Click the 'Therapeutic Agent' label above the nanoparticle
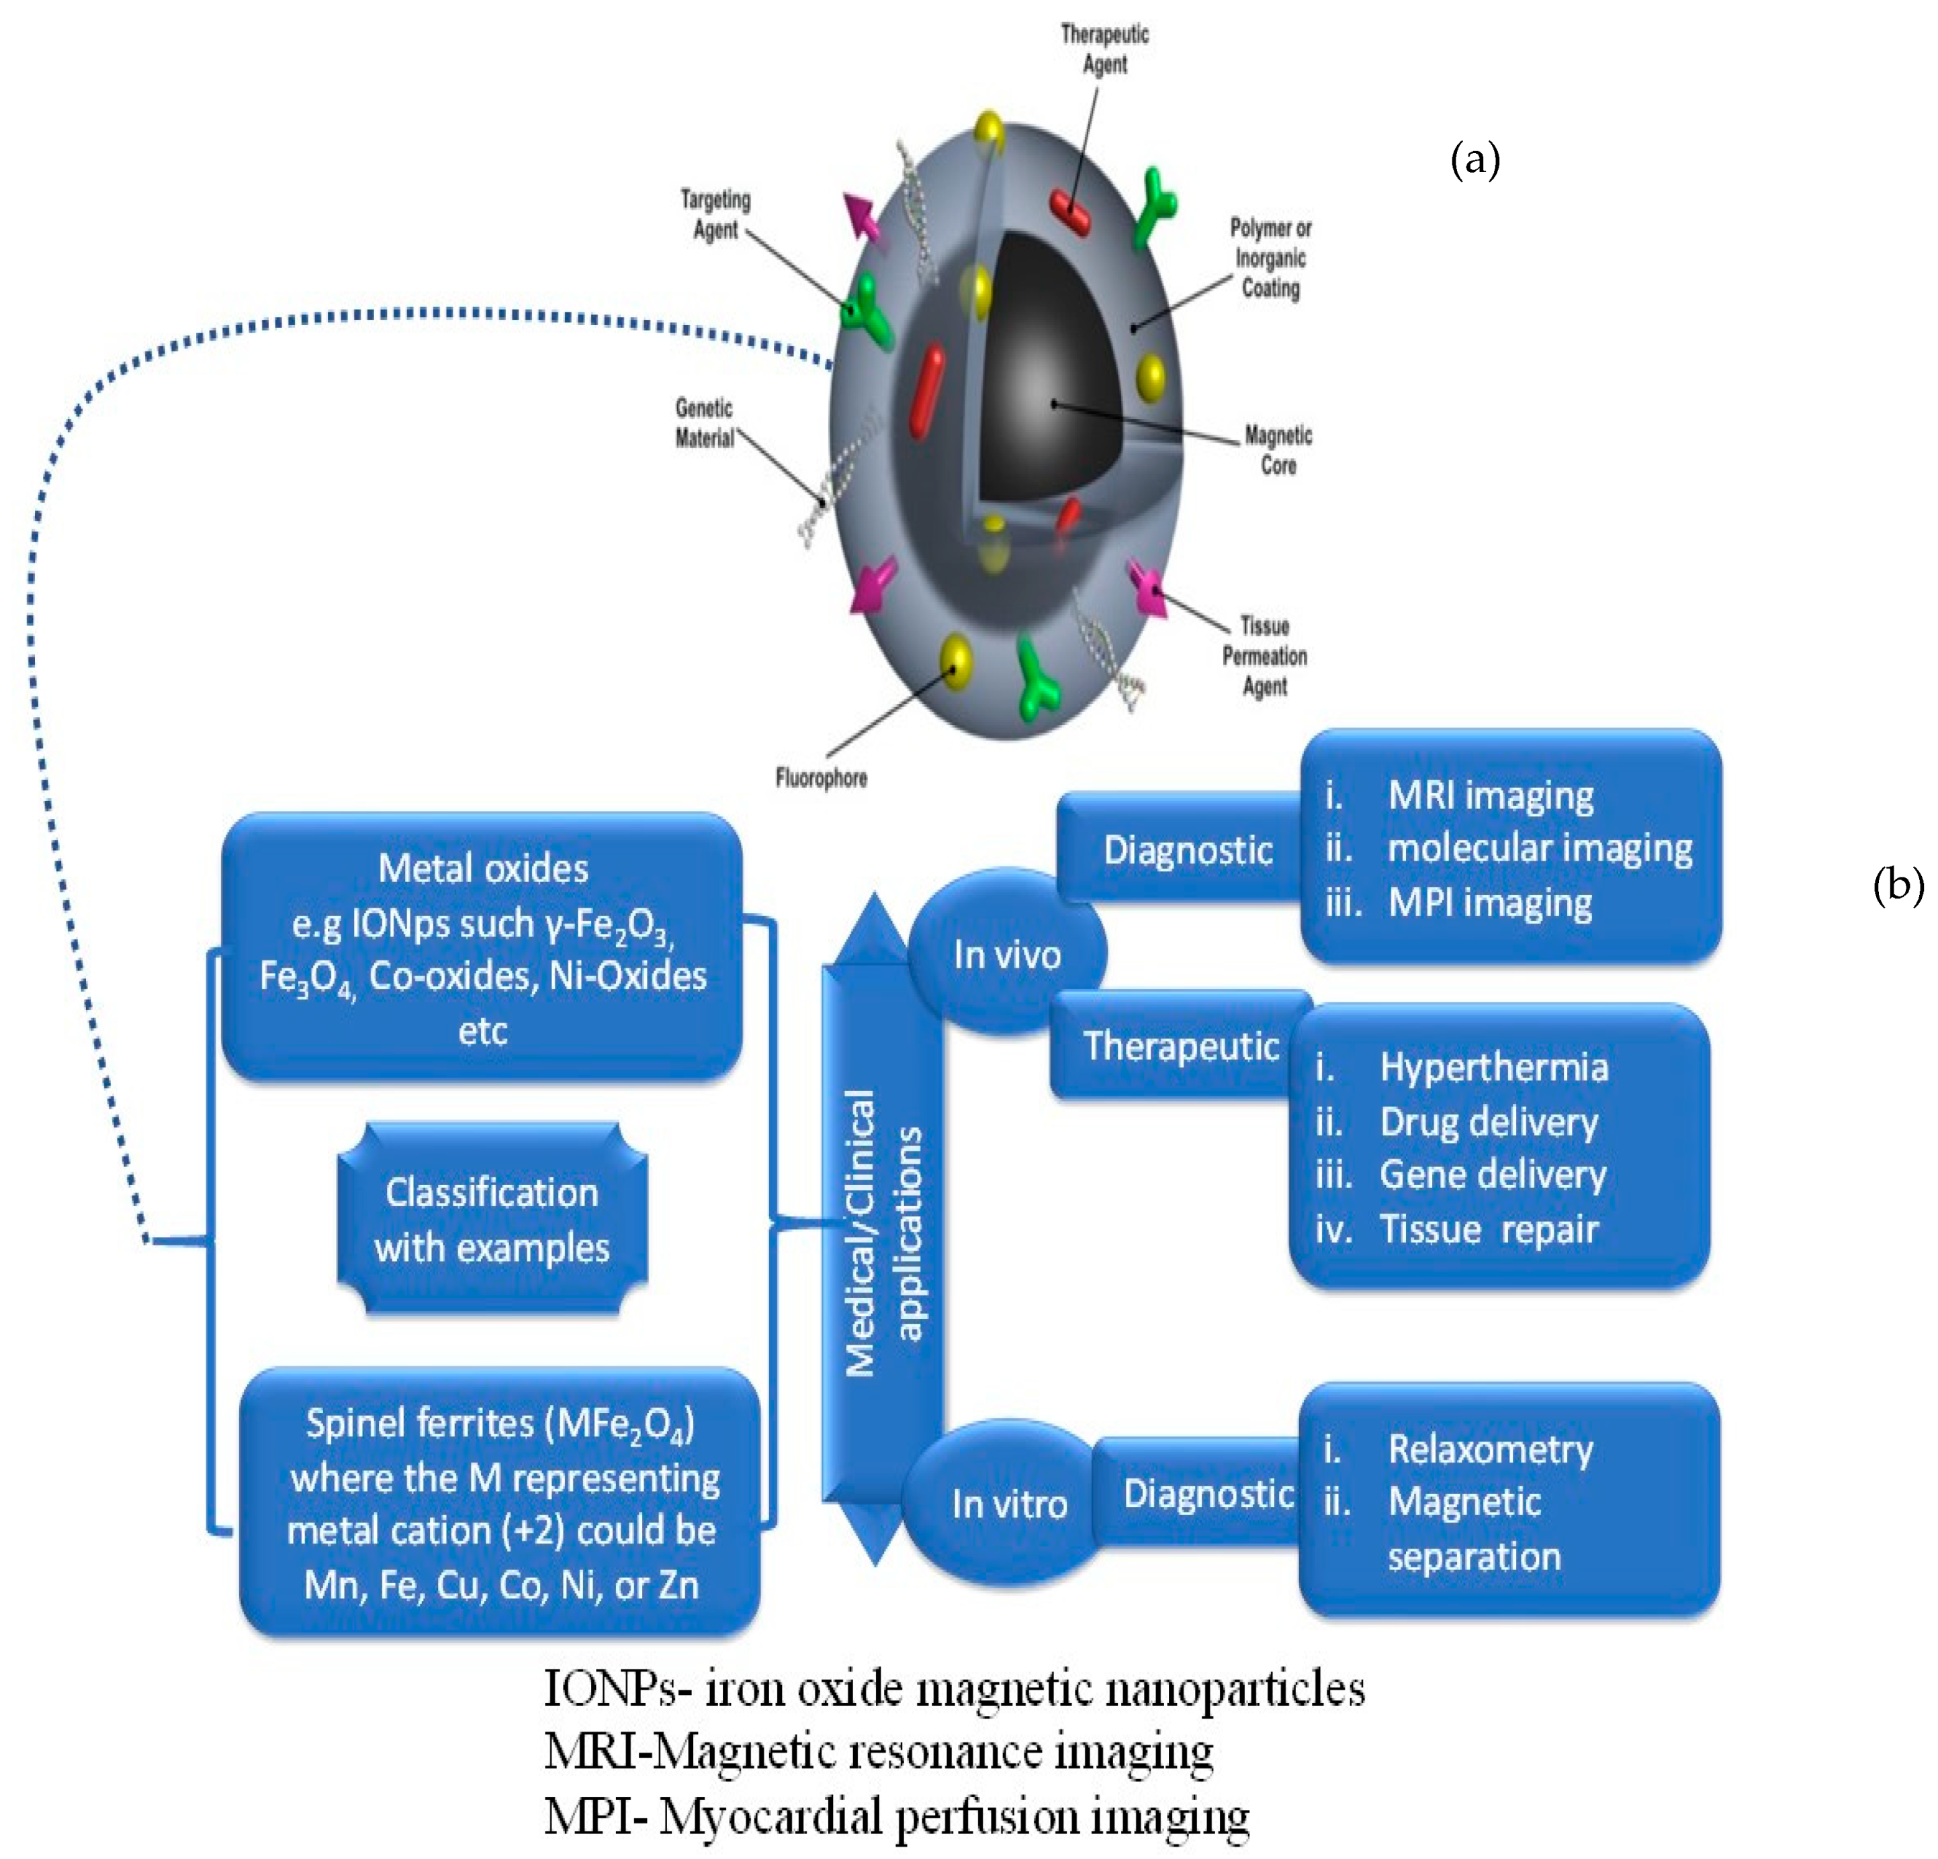click(1104, 50)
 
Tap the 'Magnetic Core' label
click(1278, 450)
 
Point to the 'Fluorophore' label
click(821, 778)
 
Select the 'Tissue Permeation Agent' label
click(1265, 656)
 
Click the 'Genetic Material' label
click(704, 423)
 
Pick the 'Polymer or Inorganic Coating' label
click(1270, 258)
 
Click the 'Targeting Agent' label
click(715, 214)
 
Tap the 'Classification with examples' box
click(492, 1219)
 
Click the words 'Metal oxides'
click(482, 868)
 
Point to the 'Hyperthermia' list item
click(1493, 1067)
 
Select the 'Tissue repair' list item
click(1488, 1229)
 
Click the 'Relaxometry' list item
click(1490, 1449)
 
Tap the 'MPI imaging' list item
click(1489, 902)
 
